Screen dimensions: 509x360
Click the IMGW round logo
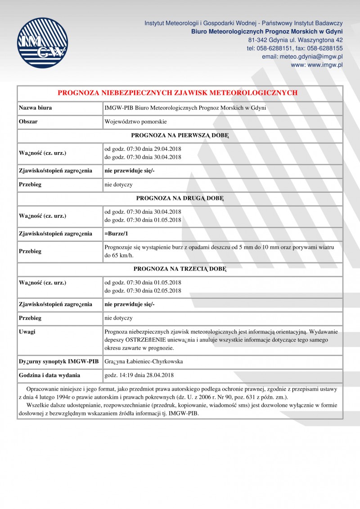click(42, 43)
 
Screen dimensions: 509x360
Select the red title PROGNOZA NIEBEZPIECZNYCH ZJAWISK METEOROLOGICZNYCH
click(178, 93)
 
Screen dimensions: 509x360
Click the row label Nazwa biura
click(35, 108)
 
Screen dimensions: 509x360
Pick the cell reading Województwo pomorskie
click(129, 122)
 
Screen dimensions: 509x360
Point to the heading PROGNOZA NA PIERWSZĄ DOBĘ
click(180, 135)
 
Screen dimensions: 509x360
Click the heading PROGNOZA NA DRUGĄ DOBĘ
click(180, 198)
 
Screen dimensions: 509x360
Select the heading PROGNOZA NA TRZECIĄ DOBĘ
click(180, 269)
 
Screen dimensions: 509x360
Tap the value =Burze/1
click(117, 234)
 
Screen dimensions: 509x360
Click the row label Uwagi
click(27, 332)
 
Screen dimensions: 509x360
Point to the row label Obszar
click(28, 122)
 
